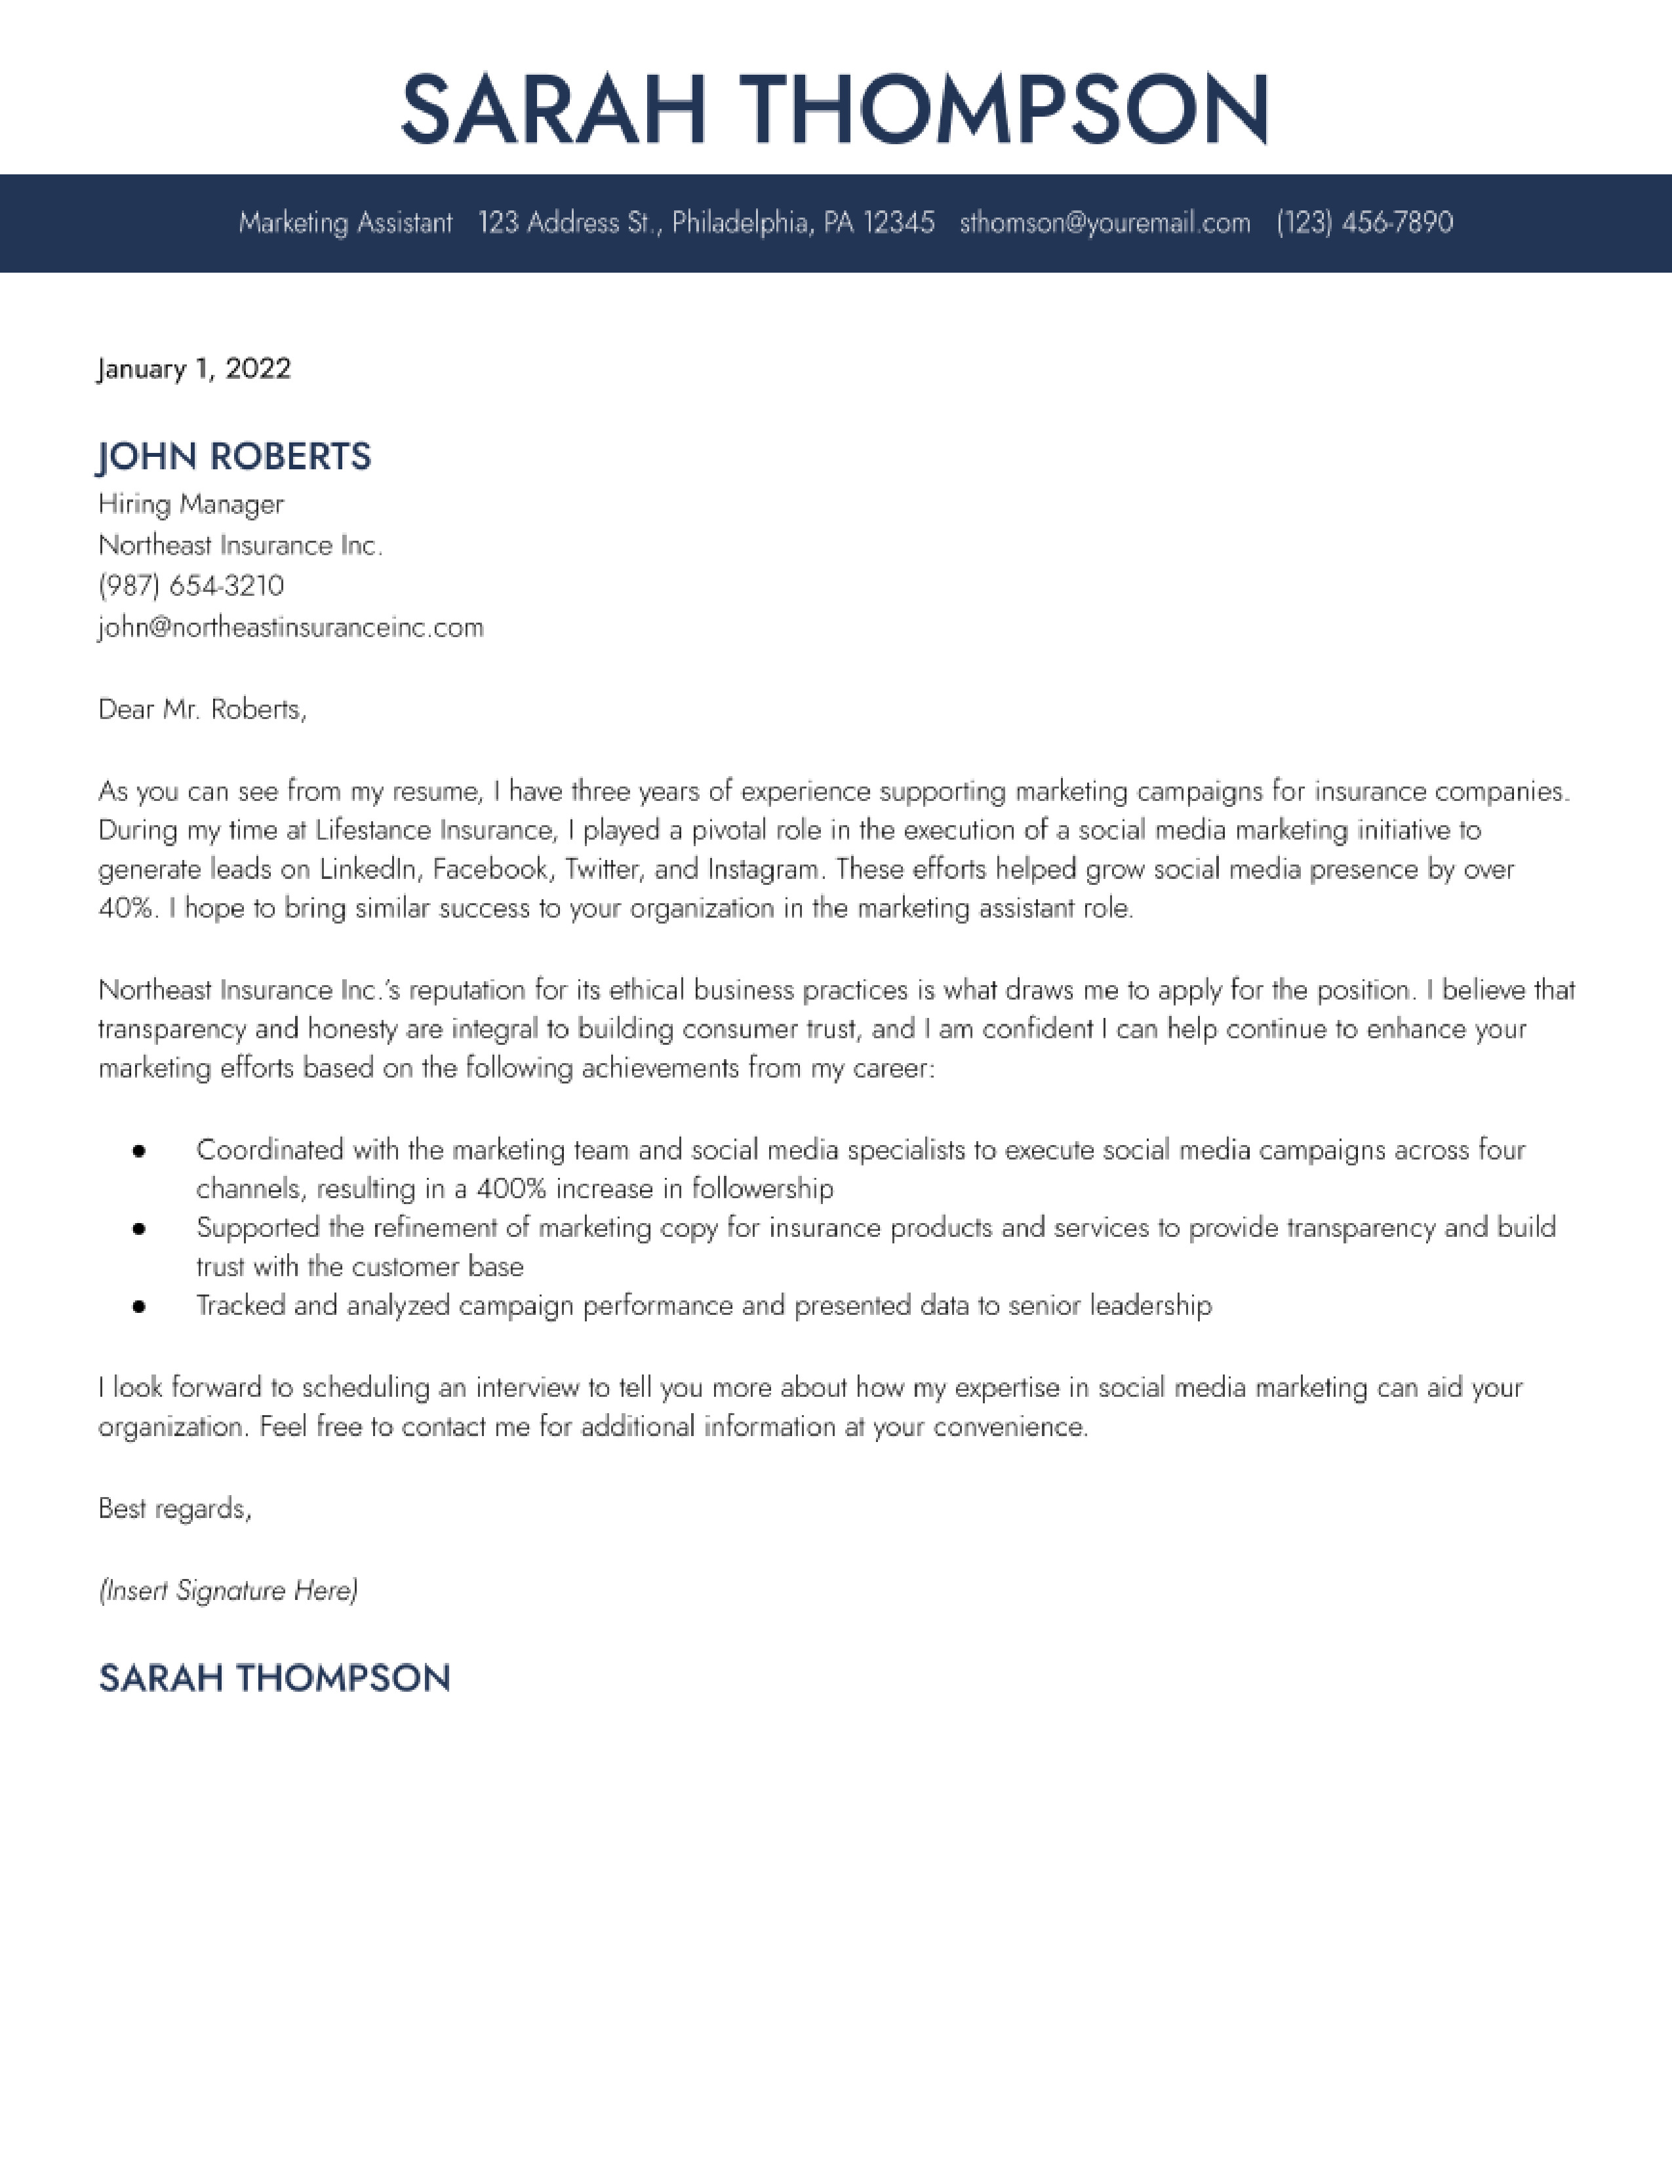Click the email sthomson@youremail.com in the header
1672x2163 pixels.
point(1104,223)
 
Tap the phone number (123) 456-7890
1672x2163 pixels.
point(1364,223)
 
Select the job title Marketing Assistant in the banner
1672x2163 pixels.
point(345,223)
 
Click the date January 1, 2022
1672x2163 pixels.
point(194,370)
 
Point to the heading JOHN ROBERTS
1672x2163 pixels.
point(235,457)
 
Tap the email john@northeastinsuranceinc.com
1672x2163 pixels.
point(291,628)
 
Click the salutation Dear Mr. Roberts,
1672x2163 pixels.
point(202,709)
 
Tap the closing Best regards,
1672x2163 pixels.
point(175,1508)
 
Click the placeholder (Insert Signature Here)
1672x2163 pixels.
point(228,1591)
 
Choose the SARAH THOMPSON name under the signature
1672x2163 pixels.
point(274,1679)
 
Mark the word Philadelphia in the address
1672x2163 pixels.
point(742,223)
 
